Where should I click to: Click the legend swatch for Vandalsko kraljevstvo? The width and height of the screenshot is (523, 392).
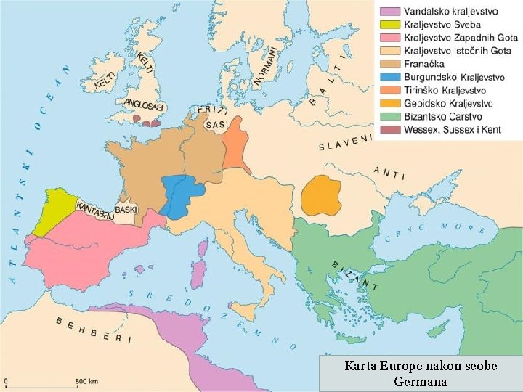[389, 12]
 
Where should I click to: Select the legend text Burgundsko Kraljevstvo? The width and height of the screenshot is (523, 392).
[454, 77]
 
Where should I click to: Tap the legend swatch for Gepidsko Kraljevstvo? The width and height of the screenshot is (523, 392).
[389, 103]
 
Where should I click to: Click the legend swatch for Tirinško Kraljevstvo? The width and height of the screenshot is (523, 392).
[389, 90]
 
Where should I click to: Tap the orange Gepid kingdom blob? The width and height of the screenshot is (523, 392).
[322, 195]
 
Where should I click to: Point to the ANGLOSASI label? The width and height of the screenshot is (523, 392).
[145, 106]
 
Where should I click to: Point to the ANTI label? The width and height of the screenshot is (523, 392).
[389, 172]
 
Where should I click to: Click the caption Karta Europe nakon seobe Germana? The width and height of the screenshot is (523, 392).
[421, 373]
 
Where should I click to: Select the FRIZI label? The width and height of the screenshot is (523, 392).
[215, 111]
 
